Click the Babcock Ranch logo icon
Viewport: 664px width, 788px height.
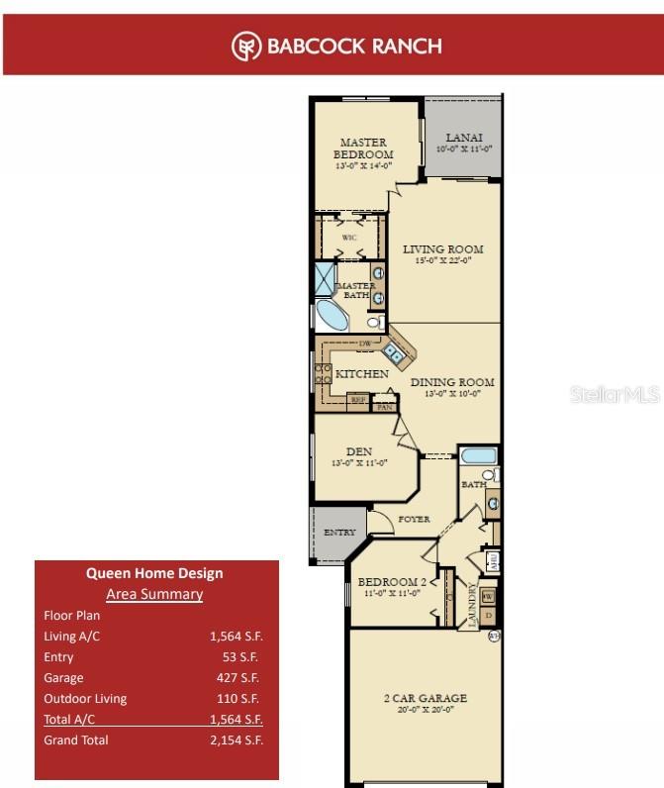246,47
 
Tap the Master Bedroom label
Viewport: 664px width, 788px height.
363,148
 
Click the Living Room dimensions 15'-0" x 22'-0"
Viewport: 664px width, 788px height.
442,261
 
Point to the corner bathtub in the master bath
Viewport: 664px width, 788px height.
332,316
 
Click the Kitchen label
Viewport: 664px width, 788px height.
361,374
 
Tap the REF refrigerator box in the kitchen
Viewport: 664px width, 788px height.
356,401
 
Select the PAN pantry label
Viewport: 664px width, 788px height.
384,406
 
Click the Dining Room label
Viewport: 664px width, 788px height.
451,382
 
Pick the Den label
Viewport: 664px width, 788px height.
359,451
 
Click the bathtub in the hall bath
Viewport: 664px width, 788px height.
479,457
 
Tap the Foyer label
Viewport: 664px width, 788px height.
413,518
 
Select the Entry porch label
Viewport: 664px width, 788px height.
338,533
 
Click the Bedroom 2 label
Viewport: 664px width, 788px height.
390,581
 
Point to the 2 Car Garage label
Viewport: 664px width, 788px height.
426,698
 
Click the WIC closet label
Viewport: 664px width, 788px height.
349,239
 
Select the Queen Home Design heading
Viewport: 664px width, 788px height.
154,572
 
